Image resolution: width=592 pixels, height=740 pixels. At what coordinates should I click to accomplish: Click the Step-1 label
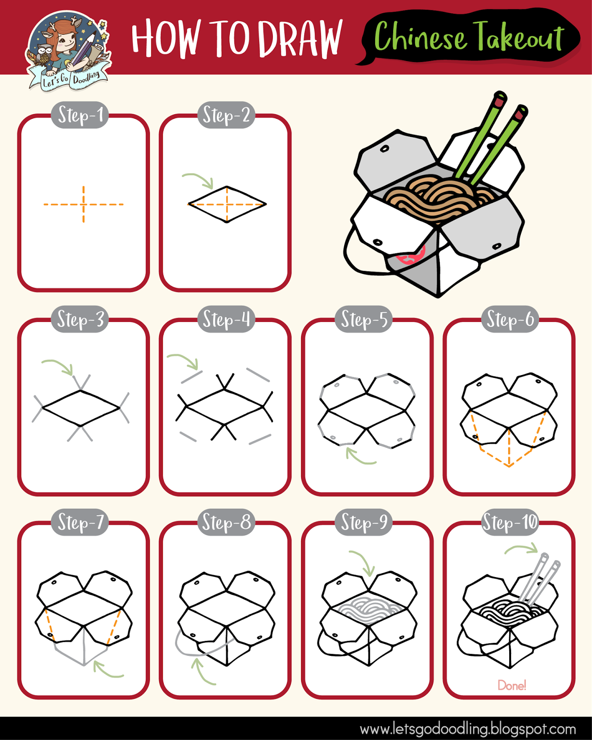coord(80,115)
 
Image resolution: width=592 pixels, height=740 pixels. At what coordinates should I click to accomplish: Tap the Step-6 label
coord(510,319)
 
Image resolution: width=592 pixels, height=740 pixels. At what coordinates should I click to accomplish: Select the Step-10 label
coord(510,522)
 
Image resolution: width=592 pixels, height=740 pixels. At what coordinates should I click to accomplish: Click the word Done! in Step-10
coord(512,685)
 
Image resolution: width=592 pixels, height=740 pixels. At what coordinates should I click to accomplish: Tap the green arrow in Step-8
coord(201,672)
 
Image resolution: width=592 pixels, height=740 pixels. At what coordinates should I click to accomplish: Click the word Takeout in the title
coord(518,36)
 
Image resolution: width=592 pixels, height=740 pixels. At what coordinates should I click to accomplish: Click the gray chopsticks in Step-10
coord(539,581)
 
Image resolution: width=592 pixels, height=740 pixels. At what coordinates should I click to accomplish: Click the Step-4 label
coord(226,319)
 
